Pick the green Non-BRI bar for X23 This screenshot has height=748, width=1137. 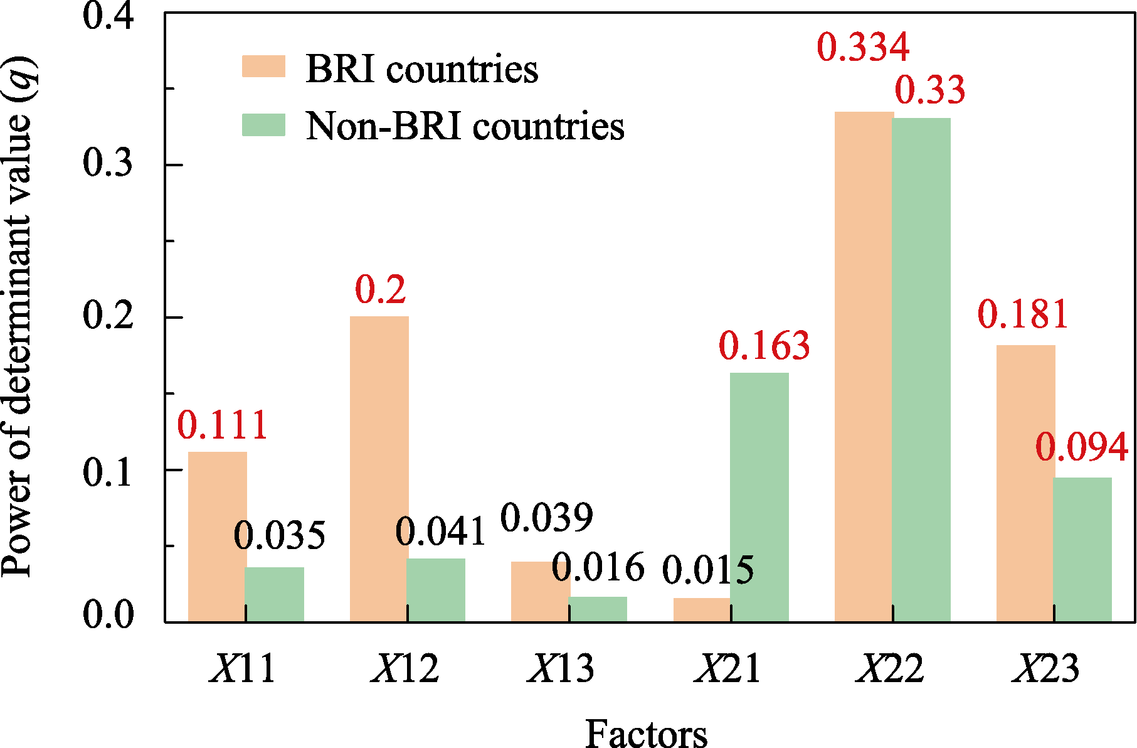pyautogui.click(x=1082, y=550)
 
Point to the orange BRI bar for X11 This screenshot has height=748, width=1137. pyautogui.click(x=217, y=537)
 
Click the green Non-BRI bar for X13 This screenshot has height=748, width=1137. pyautogui.click(x=598, y=609)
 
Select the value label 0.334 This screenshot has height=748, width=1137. pyautogui.click(x=863, y=47)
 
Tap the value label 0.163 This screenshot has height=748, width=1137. pyautogui.click(x=764, y=346)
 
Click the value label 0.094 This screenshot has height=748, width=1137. pyautogui.click(x=1081, y=447)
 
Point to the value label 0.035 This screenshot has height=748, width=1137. pyautogui.click(x=279, y=536)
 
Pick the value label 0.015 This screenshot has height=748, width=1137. pyautogui.click(x=708, y=570)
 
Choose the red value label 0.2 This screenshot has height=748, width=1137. pyautogui.click(x=380, y=289)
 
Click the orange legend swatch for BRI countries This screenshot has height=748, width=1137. pyautogui.click(x=263, y=67)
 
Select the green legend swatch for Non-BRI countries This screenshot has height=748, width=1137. pyautogui.click(x=263, y=125)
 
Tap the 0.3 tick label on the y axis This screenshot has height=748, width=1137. pyautogui.click(x=108, y=164)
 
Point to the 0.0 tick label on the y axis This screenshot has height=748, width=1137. pyautogui.click(x=108, y=614)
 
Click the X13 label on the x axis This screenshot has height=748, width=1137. pyautogui.click(x=561, y=669)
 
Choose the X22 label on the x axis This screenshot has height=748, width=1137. pyautogui.click(x=890, y=669)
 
